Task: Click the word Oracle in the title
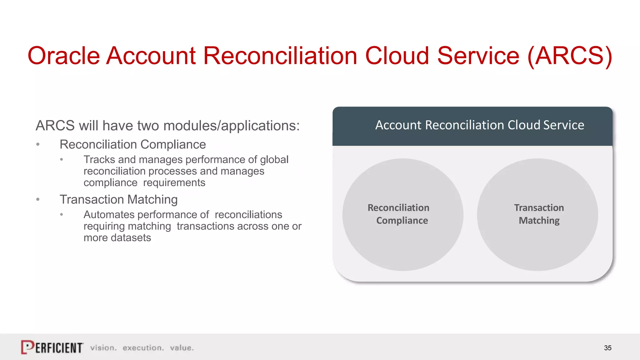(x=63, y=56)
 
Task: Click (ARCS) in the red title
(x=569, y=56)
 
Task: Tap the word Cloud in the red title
(x=397, y=56)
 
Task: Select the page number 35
(x=607, y=348)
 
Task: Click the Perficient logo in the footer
(x=52, y=347)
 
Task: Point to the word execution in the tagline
(x=143, y=348)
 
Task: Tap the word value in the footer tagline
(x=182, y=348)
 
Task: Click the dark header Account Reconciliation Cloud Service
(x=472, y=126)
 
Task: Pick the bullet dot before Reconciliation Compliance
(x=38, y=144)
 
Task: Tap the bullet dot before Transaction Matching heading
(x=38, y=199)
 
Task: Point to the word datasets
(x=131, y=238)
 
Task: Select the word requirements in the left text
(x=174, y=183)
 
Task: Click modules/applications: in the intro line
(x=231, y=126)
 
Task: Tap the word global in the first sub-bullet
(x=274, y=160)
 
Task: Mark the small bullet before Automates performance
(x=62, y=215)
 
